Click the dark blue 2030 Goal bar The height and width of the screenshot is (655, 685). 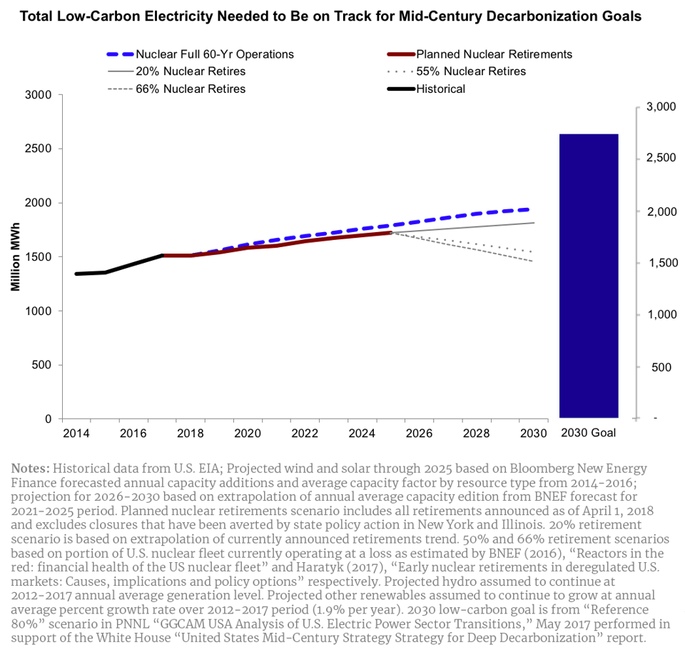point(588,275)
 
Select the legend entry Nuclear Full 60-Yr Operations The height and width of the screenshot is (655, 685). point(215,54)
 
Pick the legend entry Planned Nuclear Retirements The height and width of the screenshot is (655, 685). point(494,54)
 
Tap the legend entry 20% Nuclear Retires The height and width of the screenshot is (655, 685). point(191,71)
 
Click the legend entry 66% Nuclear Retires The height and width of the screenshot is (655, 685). point(191,89)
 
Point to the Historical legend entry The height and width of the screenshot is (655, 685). point(440,89)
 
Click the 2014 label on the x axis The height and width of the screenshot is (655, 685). point(76,434)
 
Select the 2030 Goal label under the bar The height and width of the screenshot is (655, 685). point(588,434)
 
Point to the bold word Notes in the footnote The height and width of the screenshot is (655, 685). point(30,469)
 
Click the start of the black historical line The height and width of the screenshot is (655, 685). point(76,274)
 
